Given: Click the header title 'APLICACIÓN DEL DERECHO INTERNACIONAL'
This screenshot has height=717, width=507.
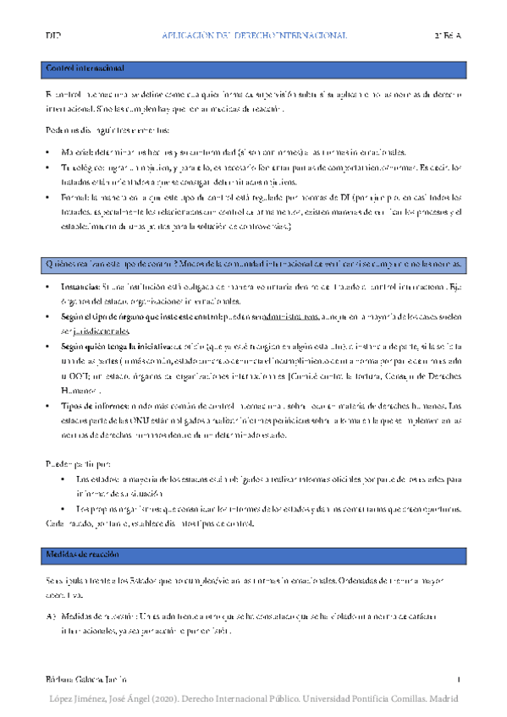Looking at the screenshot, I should coord(254,36).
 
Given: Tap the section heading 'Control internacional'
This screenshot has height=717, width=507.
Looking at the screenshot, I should coord(85,68).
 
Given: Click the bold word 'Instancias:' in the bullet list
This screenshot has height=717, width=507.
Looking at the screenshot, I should coord(82,288).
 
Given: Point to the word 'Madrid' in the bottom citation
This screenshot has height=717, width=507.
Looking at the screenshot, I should coord(442,698).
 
